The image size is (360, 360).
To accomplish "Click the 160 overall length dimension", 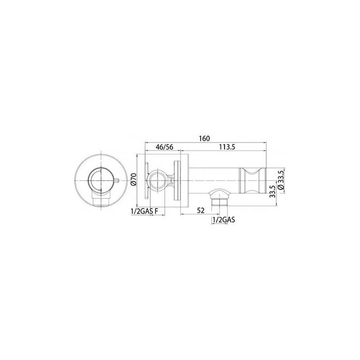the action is coord(204,139).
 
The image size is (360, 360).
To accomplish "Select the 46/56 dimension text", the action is coord(165,147).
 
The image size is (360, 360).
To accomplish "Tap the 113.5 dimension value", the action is coord(227,147).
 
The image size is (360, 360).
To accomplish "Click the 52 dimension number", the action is coord(201,211).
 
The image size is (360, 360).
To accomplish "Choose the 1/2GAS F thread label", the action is coord(144,211).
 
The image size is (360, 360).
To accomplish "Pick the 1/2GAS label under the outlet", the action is coord(224,220).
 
